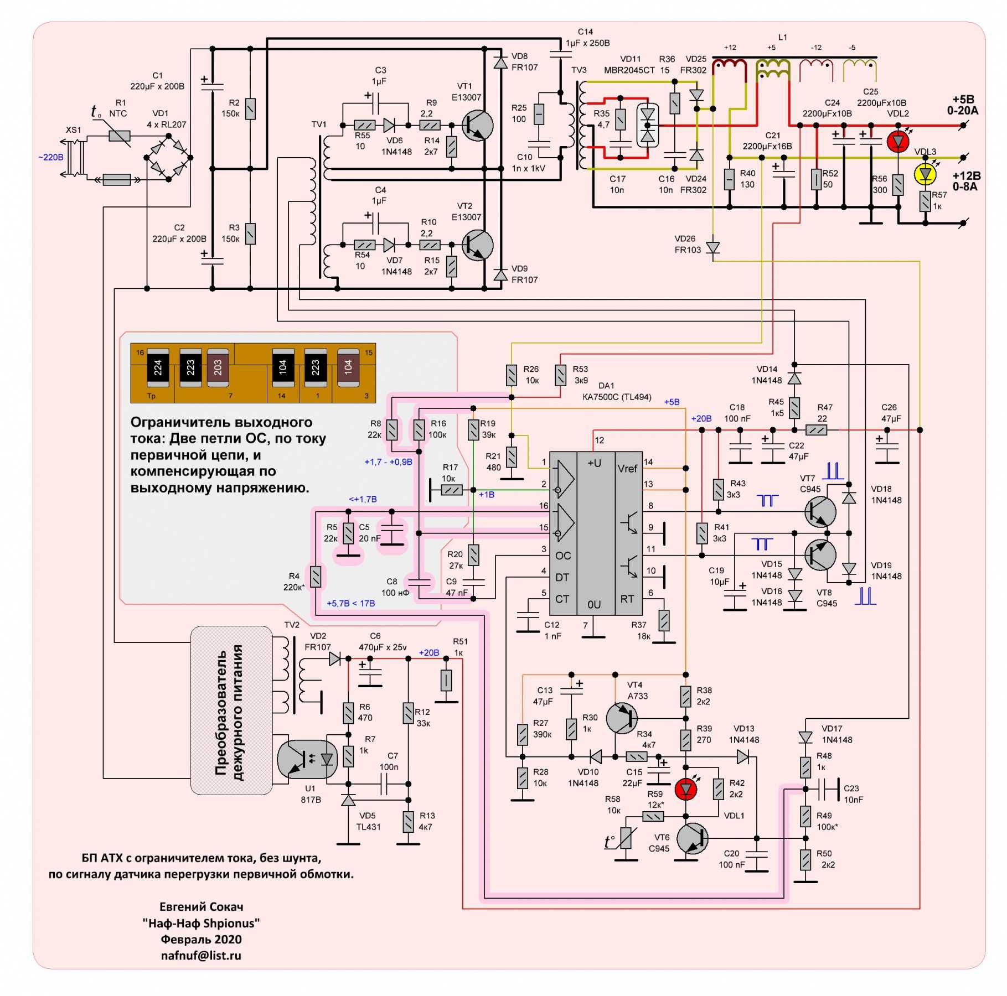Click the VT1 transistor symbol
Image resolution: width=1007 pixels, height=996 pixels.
477,126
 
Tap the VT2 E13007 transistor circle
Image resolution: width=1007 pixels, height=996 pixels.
477,245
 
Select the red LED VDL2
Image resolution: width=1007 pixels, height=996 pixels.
897,142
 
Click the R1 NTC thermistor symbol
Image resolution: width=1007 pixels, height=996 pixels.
119,136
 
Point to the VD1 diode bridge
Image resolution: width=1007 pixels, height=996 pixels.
168,158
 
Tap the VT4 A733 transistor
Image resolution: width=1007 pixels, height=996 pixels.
622,718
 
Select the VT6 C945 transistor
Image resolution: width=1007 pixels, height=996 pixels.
692,838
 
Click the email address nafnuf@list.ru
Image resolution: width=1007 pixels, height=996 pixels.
201,956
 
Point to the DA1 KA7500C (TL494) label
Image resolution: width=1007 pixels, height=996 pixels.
616,392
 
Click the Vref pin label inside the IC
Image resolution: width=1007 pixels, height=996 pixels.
627,469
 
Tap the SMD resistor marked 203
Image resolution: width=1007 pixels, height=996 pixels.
218,367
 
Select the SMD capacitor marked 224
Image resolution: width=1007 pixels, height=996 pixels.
158,367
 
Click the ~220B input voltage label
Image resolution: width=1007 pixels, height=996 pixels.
50,158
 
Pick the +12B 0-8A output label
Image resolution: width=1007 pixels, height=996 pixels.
966,181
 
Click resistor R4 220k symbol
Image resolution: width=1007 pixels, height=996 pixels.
316,577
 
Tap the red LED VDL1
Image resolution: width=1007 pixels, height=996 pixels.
686,789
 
